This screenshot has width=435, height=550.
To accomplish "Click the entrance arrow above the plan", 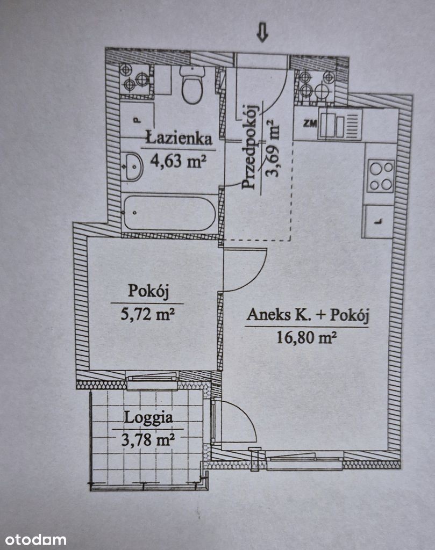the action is [x=262, y=33].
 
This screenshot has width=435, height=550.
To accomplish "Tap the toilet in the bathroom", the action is [x=192, y=84].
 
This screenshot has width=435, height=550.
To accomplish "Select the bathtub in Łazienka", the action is [x=169, y=213].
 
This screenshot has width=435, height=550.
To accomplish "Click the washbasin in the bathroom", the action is [x=133, y=167].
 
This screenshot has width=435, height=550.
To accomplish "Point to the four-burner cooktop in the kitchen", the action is [x=381, y=176].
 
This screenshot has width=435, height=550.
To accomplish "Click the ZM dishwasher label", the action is [x=310, y=123].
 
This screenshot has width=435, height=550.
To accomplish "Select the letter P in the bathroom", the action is [x=136, y=120].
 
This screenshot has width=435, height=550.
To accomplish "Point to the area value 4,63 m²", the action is [x=178, y=161].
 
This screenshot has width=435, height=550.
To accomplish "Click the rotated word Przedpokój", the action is [x=250, y=147].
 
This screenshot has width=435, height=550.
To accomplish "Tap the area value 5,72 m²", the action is [x=147, y=314].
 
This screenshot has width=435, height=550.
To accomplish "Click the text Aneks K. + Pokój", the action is [x=308, y=315].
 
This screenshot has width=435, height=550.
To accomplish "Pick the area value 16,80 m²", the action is [x=306, y=338].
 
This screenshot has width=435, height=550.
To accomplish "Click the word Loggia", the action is [x=148, y=418].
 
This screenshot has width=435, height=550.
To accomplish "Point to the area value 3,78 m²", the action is [x=148, y=439].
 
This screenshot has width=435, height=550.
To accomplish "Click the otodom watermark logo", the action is [x=36, y=539].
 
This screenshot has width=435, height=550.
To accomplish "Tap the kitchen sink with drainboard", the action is [x=340, y=124].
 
